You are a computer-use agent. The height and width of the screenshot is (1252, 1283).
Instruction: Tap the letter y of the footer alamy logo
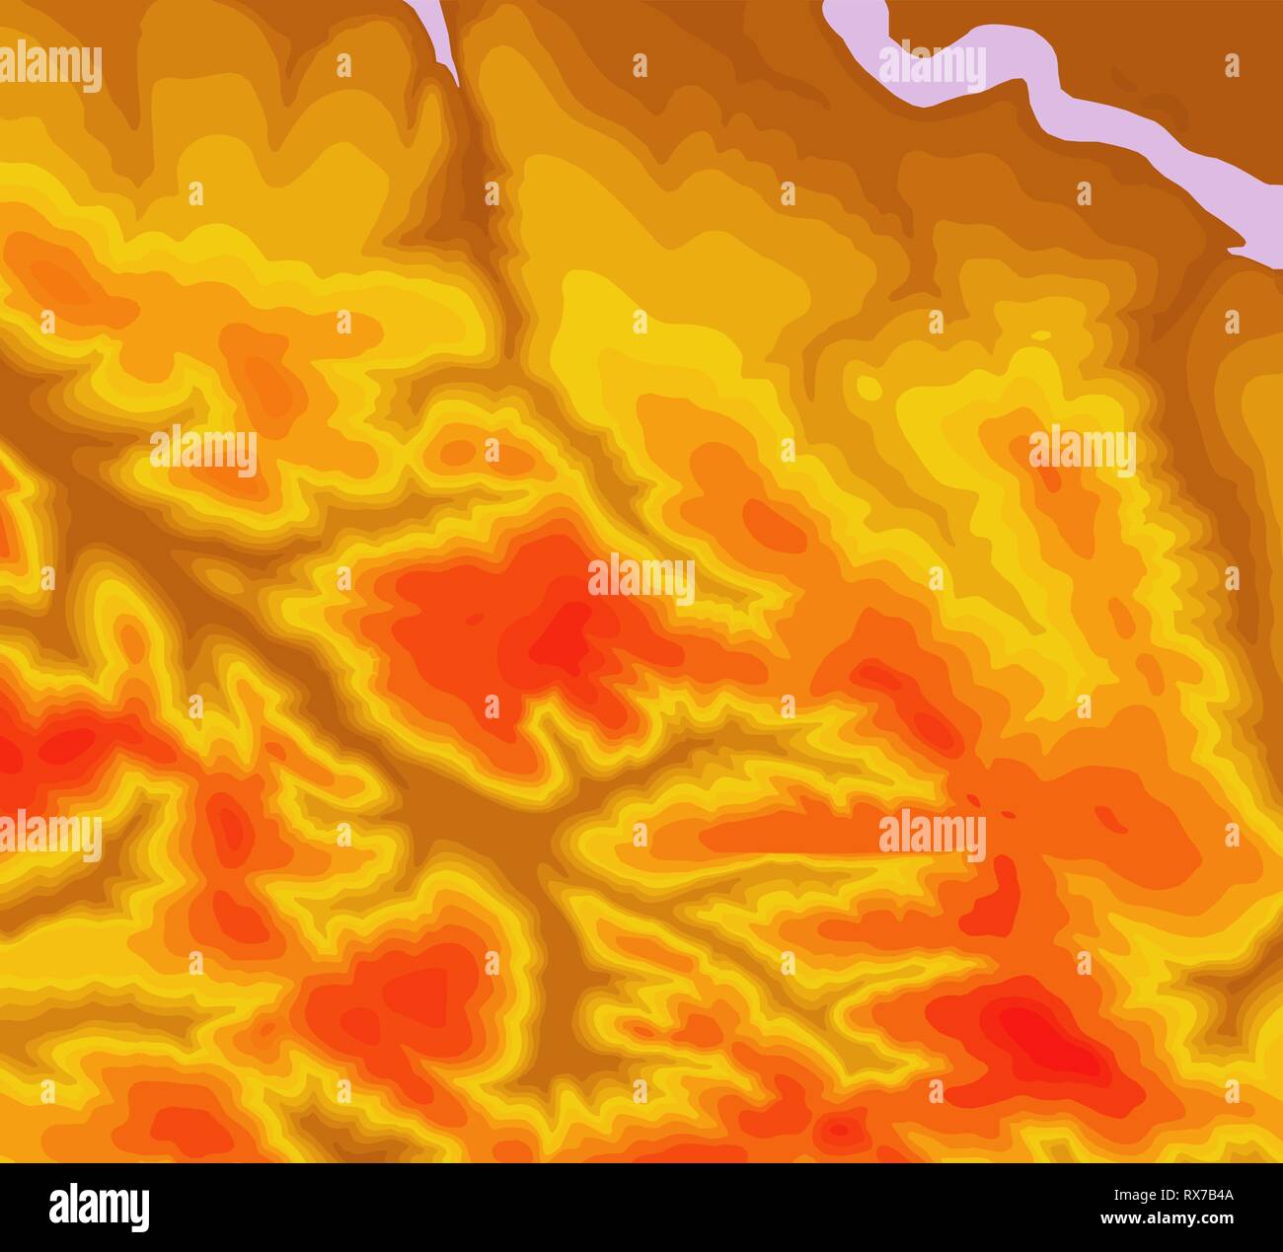tap(139, 1210)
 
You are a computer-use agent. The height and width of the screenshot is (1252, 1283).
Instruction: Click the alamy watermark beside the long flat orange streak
tap(932, 834)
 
